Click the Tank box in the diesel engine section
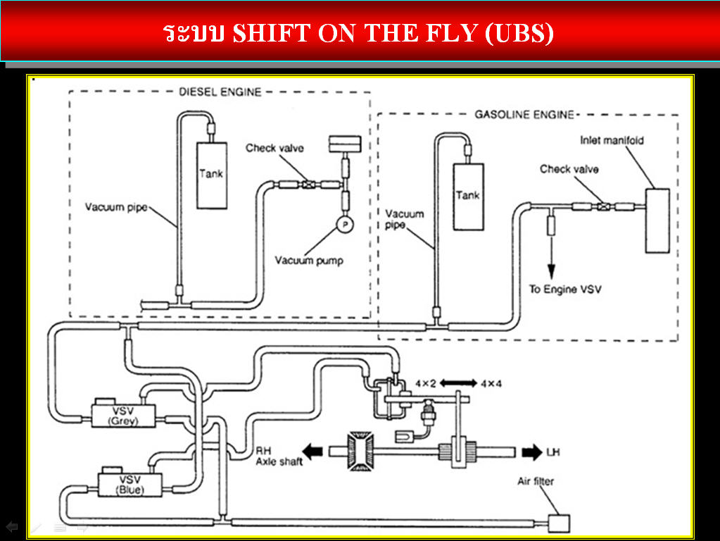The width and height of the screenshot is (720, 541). (212, 175)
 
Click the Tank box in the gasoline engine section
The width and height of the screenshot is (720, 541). (468, 197)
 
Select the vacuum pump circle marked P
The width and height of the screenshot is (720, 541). (345, 223)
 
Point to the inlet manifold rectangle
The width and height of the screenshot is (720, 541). (658, 220)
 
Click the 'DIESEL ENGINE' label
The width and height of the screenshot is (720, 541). (220, 92)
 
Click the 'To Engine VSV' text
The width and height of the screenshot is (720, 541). (565, 290)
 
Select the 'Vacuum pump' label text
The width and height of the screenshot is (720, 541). (309, 261)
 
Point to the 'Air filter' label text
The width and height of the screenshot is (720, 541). (536, 482)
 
